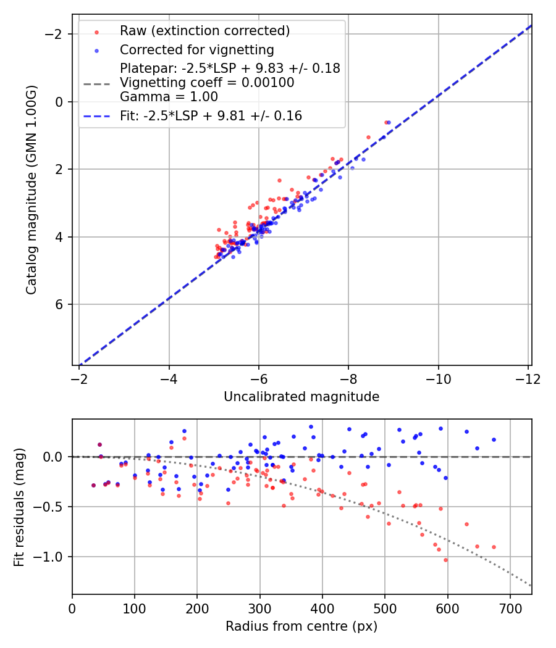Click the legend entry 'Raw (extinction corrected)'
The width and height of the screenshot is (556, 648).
204,30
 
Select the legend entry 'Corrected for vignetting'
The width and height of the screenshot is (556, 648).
196,49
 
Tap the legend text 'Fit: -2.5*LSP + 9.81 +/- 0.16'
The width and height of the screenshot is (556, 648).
211,116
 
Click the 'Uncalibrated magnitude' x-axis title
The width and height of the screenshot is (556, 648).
301,397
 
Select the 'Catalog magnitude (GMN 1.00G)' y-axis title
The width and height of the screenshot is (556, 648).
32,190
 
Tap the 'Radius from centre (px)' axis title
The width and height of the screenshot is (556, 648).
301,626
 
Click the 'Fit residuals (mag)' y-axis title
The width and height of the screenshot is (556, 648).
19,507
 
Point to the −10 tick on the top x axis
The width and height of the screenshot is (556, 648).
438,379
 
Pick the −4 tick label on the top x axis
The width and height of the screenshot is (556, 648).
169,379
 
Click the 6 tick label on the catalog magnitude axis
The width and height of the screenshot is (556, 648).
60,305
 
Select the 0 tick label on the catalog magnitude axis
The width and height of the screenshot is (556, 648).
60,102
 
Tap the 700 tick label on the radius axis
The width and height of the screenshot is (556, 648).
510,609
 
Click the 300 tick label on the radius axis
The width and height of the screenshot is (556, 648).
259,609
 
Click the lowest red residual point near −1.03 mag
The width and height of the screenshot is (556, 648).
445,560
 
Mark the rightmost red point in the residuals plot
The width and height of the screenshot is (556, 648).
494,547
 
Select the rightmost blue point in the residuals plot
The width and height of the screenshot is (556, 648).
494,439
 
